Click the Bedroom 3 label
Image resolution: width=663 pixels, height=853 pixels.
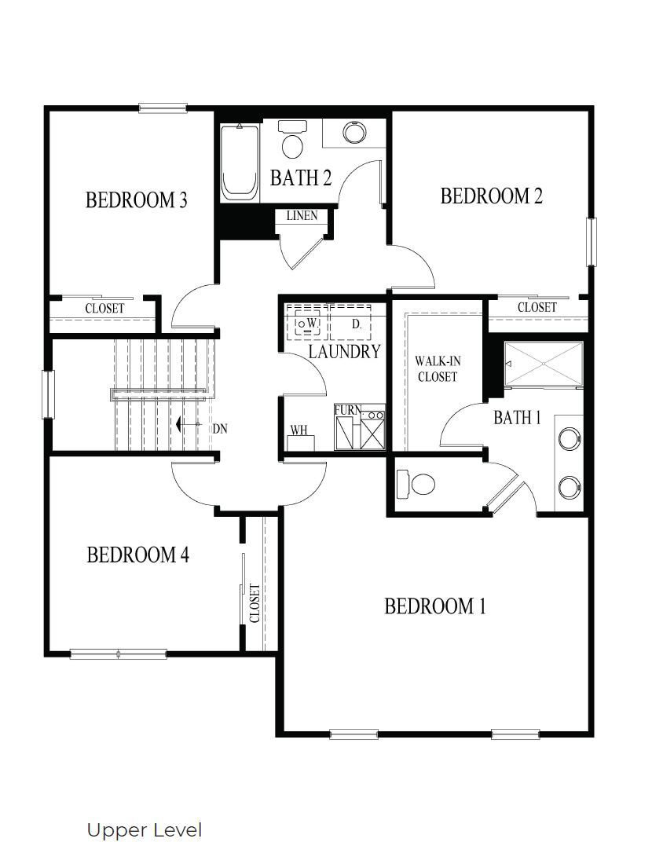point(137,200)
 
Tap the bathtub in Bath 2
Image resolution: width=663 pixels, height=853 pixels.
point(240,163)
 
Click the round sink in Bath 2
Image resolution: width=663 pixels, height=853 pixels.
point(354,132)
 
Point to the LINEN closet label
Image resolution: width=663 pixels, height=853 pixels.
point(302,215)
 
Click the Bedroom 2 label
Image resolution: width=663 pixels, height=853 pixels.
point(491,196)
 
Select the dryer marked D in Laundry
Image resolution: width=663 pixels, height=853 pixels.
point(352,323)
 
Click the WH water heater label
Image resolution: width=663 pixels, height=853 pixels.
point(299,430)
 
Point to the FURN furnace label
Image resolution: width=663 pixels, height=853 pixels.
point(347,410)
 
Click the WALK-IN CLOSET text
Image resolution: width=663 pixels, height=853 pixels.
point(438,369)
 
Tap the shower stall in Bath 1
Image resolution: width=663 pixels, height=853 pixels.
point(544,363)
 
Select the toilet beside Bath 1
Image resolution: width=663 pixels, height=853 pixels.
point(416,482)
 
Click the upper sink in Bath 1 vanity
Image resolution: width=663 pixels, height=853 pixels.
point(569,438)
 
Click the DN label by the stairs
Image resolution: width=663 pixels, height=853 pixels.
point(220,429)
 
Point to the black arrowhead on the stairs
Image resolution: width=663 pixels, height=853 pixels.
point(178,424)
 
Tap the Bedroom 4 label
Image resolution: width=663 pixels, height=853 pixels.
point(138,555)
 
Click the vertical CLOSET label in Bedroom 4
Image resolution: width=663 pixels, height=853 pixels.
point(254,603)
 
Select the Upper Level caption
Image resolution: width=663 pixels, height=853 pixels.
point(144,830)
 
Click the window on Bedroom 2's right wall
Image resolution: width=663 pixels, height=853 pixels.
point(592,242)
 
